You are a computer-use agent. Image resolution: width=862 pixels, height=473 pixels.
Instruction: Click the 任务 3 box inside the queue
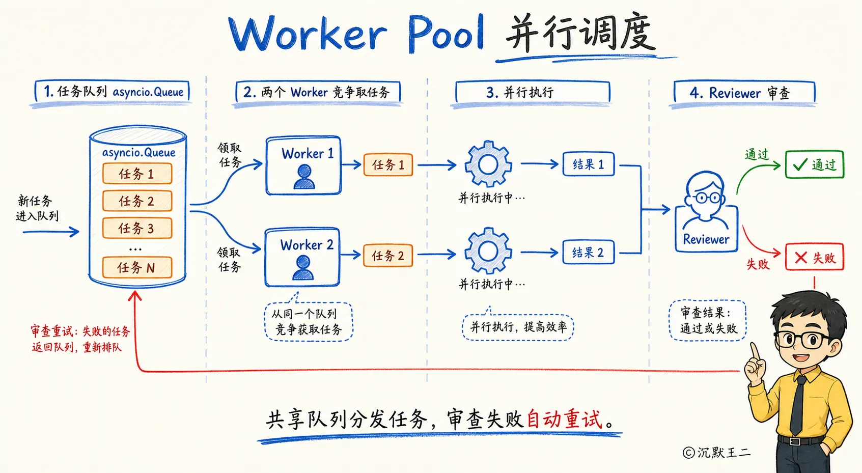[x=137, y=228]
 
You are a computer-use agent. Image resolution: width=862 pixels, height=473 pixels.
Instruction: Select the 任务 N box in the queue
[x=137, y=267]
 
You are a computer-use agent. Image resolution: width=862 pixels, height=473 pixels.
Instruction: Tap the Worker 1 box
[x=303, y=165]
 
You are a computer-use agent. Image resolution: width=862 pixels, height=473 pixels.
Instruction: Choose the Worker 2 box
[x=302, y=257]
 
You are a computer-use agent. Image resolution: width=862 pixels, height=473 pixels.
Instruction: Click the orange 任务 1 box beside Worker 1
[x=388, y=165]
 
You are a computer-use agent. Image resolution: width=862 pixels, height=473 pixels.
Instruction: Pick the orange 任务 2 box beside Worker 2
[x=388, y=256]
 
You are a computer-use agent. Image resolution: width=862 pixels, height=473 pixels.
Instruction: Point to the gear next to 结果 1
[x=488, y=164]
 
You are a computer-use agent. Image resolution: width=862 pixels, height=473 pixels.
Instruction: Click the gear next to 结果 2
[x=488, y=251]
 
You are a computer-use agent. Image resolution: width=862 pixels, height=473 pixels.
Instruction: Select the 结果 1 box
[x=589, y=164]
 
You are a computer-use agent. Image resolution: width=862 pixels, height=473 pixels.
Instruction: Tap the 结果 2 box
[x=589, y=253]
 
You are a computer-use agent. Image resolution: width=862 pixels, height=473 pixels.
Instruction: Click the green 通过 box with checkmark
[x=814, y=165]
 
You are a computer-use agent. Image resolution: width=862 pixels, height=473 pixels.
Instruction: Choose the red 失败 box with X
[x=814, y=257]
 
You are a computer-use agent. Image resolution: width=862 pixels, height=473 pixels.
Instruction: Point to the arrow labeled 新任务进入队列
[x=51, y=232]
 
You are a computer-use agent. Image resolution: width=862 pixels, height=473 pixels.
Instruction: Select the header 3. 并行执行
[x=533, y=92]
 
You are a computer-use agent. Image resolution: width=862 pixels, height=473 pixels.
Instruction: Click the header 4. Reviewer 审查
[x=744, y=93]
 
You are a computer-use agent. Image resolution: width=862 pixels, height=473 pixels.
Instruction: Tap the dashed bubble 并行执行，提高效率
[x=518, y=327]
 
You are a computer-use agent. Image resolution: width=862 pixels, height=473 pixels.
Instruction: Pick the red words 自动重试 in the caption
[x=564, y=419]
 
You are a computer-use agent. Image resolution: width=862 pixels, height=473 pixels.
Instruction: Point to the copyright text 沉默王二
[x=716, y=453]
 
